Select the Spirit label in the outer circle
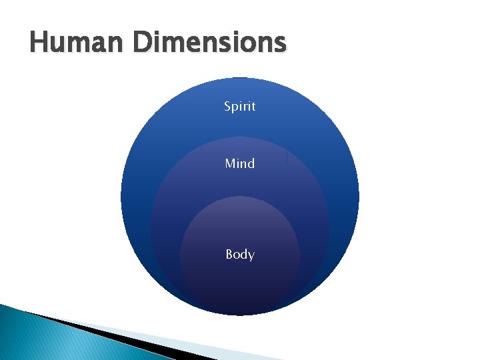239,107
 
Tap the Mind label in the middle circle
239,163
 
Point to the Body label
239,255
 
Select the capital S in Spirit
227,107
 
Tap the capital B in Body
229,254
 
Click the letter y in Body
251,256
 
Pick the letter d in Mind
251,163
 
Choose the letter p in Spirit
235,108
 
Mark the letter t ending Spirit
253,107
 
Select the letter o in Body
237,255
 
